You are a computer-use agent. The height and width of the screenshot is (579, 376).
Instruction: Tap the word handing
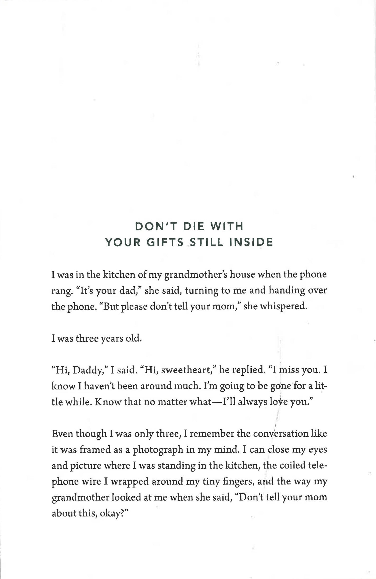[x=286, y=291]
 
